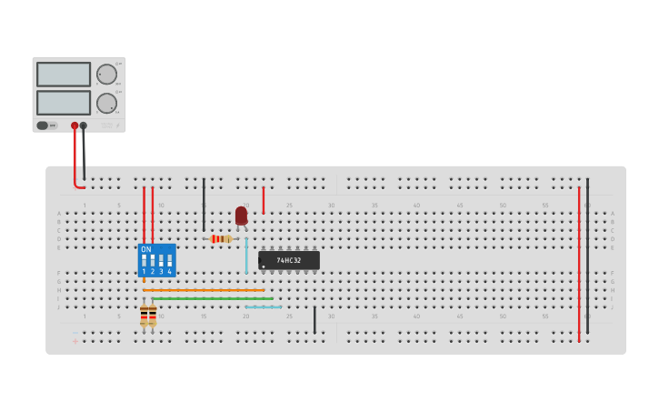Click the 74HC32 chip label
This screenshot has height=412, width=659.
click(x=289, y=260)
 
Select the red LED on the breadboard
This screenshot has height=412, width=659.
click(x=241, y=216)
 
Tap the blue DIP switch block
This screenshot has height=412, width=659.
click(x=156, y=260)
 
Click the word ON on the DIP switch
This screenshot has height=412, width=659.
click(x=146, y=249)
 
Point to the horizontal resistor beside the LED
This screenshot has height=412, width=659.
click(x=221, y=239)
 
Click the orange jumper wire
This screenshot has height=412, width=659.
click(x=204, y=290)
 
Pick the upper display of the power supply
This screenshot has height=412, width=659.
click(x=64, y=75)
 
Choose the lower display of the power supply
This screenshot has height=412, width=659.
click(x=64, y=103)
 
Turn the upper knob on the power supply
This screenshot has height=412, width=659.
click(x=106, y=75)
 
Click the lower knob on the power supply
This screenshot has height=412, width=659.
click(x=106, y=103)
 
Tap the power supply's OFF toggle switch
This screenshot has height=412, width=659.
click(x=44, y=126)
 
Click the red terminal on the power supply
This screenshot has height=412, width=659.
click(x=75, y=126)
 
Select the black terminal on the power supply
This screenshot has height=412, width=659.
click(x=84, y=126)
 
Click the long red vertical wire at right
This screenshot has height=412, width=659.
click(x=579, y=264)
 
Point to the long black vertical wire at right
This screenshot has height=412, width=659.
click(x=587, y=255)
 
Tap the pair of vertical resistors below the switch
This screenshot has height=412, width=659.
click(x=148, y=316)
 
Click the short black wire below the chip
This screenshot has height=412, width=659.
click(x=315, y=320)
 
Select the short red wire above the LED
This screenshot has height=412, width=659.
click(x=264, y=200)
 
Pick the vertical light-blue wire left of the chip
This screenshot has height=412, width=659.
click(x=245, y=256)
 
